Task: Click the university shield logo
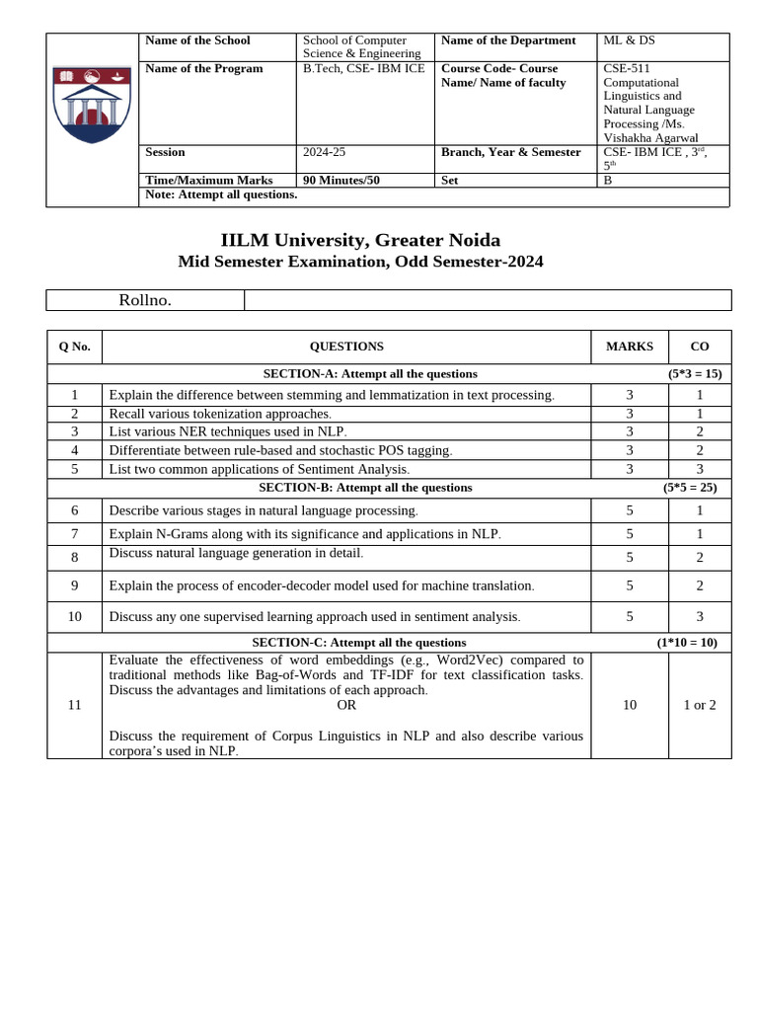92,105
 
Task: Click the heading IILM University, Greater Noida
360,240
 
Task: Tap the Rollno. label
145,300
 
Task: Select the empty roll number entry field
487,300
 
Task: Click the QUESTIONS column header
346,347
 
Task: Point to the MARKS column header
629,347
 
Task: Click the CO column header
699,347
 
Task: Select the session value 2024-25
324,152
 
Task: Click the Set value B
608,180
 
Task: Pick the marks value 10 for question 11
629,705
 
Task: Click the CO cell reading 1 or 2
699,705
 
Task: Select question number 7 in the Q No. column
74,534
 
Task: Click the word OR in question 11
346,705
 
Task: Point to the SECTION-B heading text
365,488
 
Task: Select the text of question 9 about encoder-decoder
322,585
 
